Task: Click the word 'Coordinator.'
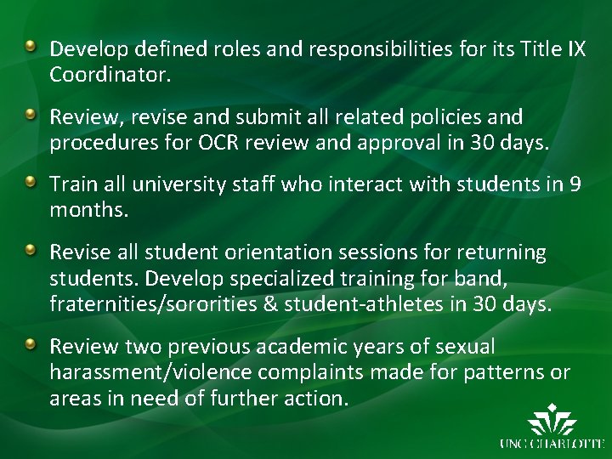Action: coord(110,74)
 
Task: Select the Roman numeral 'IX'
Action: coord(575,48)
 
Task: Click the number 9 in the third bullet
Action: coord(575,184)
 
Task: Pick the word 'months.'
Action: coord(89,209)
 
